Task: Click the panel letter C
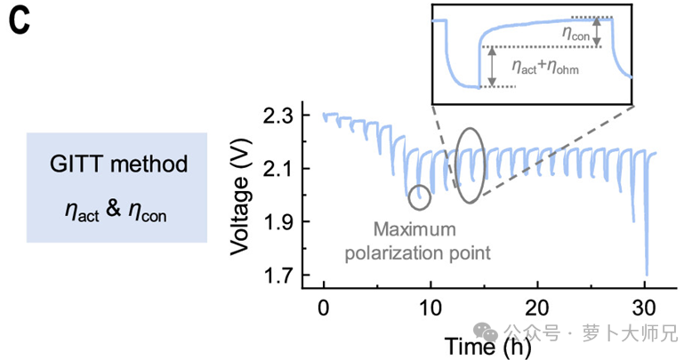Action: [20, 20]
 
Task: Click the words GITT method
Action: [117, 164]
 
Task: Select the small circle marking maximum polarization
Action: [419, 195]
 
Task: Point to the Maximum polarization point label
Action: [419, 239]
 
